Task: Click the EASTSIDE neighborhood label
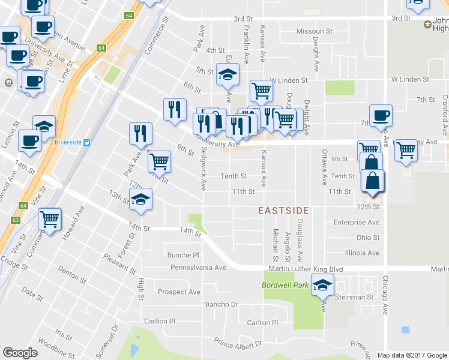(x=283, y=211)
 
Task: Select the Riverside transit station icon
(x=87, y=142)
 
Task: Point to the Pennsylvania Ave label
(x=198, y=268)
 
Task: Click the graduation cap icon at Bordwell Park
(x=323, y=286)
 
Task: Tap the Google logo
(x=20, y=353)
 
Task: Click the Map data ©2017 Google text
(x=412, y=355)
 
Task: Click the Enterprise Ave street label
(x=357, y=223)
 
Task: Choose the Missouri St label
(x=315, y=31)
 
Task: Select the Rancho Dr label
(x=222, y=304)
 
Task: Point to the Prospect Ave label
(x=179, y=292)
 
